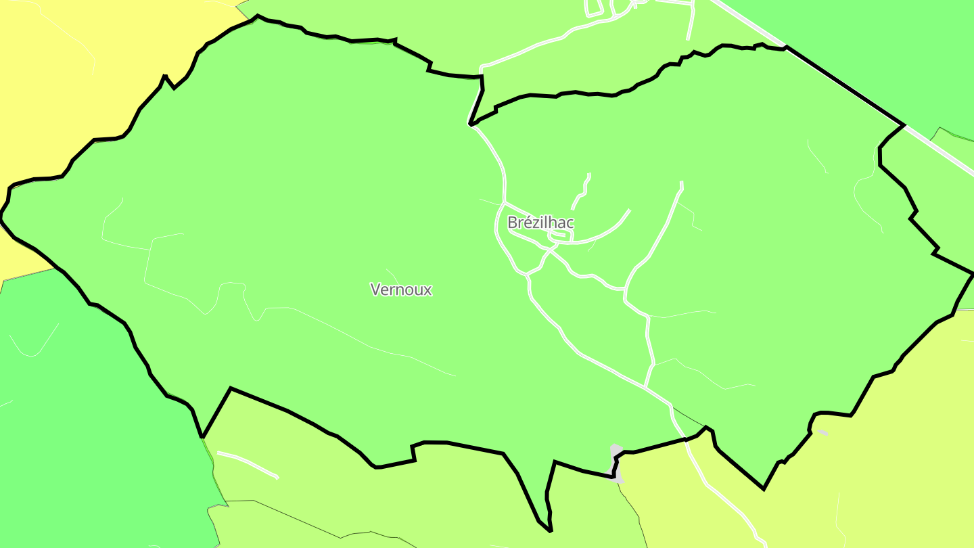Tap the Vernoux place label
[x=401, y=290]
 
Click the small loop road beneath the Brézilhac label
[x=561, y=235]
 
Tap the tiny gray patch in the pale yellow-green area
[x=822, y=432]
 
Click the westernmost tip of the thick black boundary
[x=1, y=217]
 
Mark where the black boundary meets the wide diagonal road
[x=904, y=125]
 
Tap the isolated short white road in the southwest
[x=248, y=464]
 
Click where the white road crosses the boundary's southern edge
[x=686, y=440]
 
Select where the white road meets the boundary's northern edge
[x=471, y=125]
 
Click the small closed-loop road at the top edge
[x=594, y=8]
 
